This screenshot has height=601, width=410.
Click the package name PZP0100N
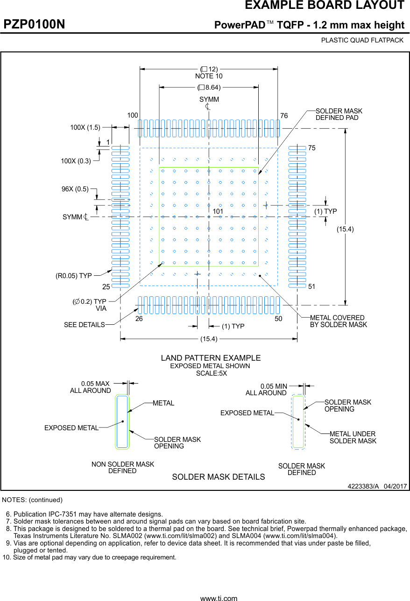pyautogui.click(x=35, y=24)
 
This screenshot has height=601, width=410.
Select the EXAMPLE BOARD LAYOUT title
pyautogui.click(x=325, y=6)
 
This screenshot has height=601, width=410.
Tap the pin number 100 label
pyautogui.click(x=133, y=115)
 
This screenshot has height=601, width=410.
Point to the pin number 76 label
pyautogui.click(x=284, y=115)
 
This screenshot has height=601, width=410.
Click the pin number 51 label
pyautogui.click(x=312, y=286)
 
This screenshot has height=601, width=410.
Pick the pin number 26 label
pyautogui.click(x=139, y=319)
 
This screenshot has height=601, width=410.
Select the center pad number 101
pyautogui.click(x=218, y=211)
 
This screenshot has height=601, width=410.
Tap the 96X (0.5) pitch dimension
pyautogui.click(x=75, y=189)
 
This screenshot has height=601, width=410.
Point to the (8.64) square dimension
pyautogui.click(x=209, y=87)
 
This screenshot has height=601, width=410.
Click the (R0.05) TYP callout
pyautogui.click(x=74, y=276)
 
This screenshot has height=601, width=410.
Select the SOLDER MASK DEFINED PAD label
pyautogui.click(x=339, y=114)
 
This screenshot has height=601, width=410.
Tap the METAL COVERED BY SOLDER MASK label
pyautogui.click(x=339, y=321)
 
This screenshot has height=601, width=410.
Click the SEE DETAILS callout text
pyautogui.click(x=85, y=325)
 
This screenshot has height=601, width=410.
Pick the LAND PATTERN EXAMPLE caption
pyautogui.click(x=211, y=358)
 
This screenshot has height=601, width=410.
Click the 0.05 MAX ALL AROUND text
pyautogui.click(x=91, y=387)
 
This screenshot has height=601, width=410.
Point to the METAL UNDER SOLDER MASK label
pyautogui.click(x=353, y=437)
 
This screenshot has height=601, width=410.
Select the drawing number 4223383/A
pyautogui.click(x=363, y=486)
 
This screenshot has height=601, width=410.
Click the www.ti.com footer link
pyautogui.click(x=219, y=598)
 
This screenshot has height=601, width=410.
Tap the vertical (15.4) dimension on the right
pyautogui.click(x=346, y=229)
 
